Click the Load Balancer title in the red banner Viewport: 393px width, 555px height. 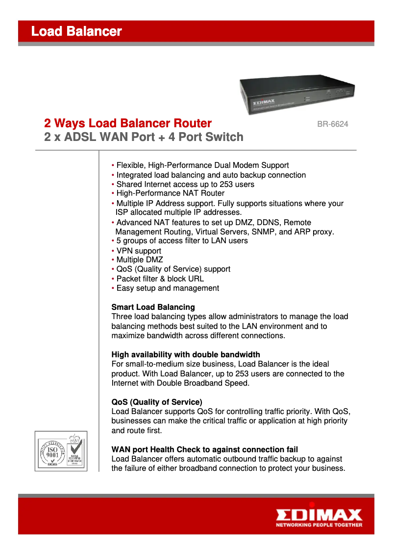(x=76, y=32)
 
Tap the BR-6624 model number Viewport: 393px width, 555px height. (x=332, y=124)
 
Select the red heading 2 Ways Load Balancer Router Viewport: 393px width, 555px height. (x=128, y=123)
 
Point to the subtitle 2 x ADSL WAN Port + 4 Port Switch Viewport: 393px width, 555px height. (x=144, y=137)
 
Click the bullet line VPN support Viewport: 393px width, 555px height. (x=138, y=251)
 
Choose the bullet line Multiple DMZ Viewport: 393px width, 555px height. (x=139, y=260)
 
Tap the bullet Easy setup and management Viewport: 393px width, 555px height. (x=167, y=288)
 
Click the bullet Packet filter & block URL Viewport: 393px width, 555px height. (x=160, y=279)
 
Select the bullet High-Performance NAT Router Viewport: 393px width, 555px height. (x=170, y=193)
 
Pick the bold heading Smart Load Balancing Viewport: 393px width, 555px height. (x=153, y=307)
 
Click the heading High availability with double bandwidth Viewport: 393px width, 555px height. (x=186, y=354)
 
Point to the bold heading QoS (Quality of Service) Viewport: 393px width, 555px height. (x=157, y=402)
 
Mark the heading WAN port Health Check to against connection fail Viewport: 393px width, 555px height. (x=204, y=449)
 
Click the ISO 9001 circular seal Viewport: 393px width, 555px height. (x=52, y=452)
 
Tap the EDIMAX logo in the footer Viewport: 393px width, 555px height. (x=319, y=515)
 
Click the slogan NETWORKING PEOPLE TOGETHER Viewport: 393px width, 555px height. (x=319, y=525)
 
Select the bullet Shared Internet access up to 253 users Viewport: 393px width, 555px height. (x=185, y=185)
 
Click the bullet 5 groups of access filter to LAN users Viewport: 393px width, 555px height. (x=182, y=241)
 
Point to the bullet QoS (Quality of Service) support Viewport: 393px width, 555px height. (x=173, y=269)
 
